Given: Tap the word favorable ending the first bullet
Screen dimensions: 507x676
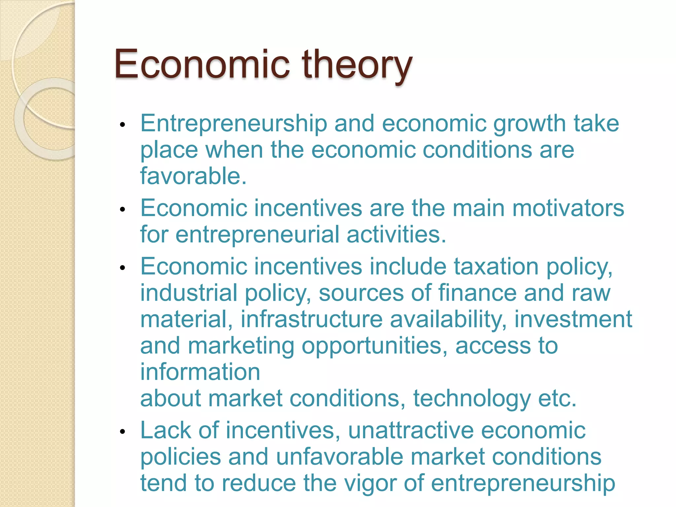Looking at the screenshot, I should pos(193,176).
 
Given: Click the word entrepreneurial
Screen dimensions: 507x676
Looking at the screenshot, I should pos(257,235).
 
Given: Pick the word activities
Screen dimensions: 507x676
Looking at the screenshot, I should pos(396,235).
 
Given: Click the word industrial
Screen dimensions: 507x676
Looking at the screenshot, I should pos(189,293).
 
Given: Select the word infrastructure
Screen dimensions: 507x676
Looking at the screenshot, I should pos(312,319).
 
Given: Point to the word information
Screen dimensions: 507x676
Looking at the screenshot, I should pos(200,372).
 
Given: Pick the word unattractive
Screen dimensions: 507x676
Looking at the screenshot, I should pos(411,430).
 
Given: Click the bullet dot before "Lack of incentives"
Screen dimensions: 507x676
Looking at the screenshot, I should pos(123,432).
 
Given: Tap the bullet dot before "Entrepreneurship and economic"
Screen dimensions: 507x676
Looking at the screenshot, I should pos(123,125).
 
